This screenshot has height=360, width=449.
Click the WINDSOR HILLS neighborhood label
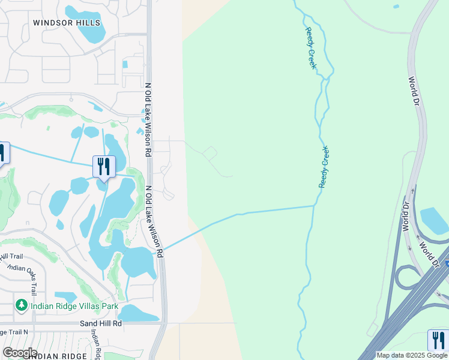click(x=67, y=23)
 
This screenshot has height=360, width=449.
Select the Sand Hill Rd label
click(x=101, y=323)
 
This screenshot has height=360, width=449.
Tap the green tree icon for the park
click(x=22, y=305)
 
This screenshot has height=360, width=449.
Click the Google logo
click(x=19, y=353)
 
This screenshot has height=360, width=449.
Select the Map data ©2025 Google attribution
click(x=412, y=355)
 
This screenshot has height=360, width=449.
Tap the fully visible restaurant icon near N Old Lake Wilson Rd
click(x=104, y=166)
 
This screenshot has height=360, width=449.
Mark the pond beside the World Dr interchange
click(x=434, y=220)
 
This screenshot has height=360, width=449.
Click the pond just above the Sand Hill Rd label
click(x=138, y=313)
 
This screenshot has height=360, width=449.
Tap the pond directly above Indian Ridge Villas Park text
click(x=66, y=296)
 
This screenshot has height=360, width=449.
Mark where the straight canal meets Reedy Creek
click(x=315, y=206)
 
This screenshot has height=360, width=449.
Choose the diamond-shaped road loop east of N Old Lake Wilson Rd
click(x=209, y=153)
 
